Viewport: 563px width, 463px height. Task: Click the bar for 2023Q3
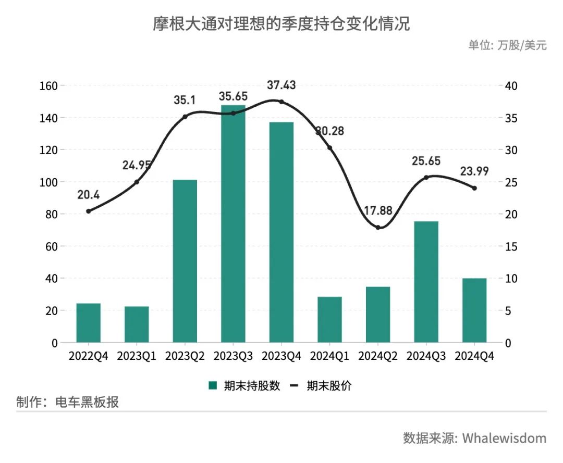click(233, 224)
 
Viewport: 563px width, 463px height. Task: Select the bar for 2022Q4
click(89, 323)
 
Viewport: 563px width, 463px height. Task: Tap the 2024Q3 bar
click(426, 282)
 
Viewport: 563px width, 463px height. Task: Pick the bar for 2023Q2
click(185, 261)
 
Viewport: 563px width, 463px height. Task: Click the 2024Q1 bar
click(329, 319)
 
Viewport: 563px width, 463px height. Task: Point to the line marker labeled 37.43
click(281, 102)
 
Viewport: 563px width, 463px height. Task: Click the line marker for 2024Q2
click(378, 228)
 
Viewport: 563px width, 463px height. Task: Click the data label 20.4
click(89, 195)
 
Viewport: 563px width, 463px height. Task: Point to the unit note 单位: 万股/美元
click(507, 45)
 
